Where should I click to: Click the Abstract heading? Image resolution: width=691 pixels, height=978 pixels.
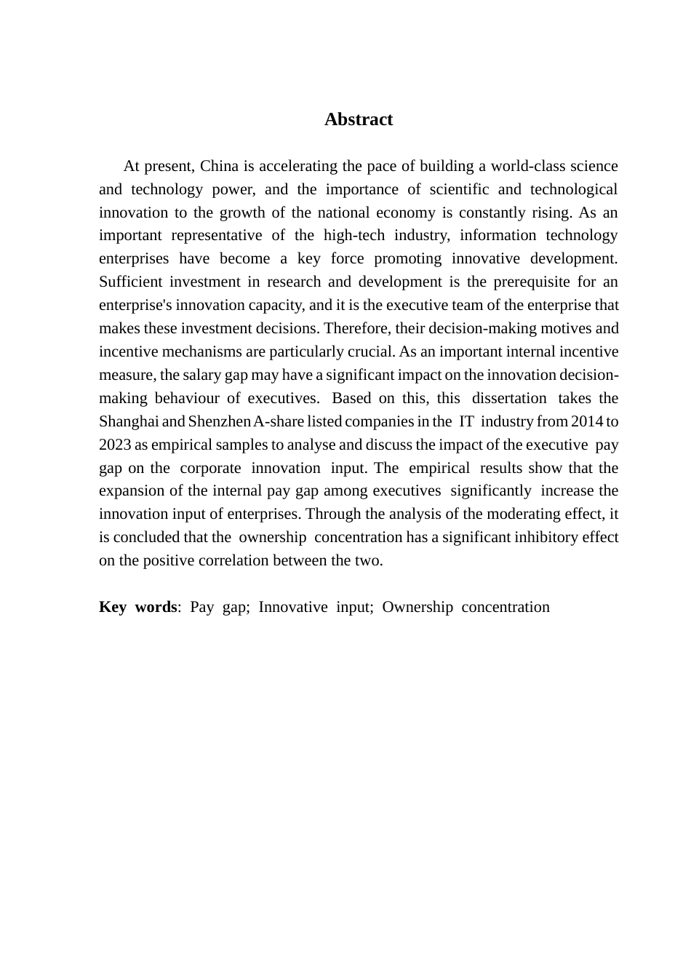coord(359,120)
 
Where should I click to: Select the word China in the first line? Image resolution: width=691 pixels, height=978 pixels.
coord(219,166)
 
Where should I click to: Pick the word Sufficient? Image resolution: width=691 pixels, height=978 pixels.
coord(130,282)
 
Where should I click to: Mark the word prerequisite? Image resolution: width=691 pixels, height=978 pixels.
coord(532,282)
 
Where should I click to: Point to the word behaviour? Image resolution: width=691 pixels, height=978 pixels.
coord(187,398)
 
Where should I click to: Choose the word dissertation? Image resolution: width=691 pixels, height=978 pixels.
coord(509,398)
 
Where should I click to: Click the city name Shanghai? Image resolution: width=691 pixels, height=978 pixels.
coord(129,421)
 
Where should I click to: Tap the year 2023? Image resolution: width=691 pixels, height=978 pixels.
coord(115,445)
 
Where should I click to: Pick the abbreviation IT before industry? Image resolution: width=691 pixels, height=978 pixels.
coord(466,421)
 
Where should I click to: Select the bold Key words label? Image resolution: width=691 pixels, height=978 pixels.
coord(137,607)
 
